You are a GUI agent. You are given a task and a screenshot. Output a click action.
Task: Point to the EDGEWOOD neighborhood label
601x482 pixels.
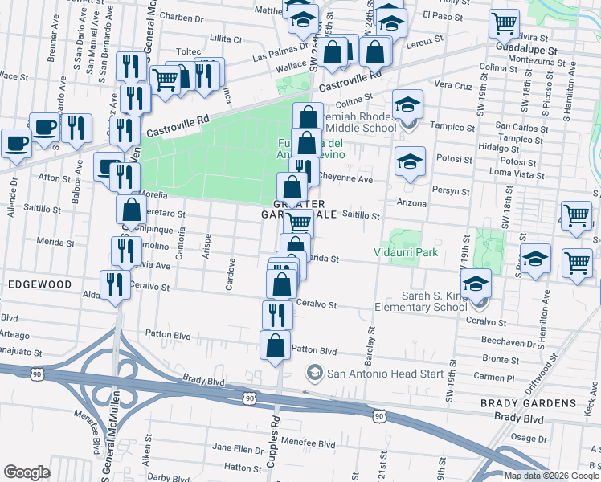pos(37,284)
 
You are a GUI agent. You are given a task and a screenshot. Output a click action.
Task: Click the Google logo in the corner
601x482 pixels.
pos(27,472)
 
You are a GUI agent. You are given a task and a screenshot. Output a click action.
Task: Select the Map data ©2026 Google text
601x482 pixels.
pos(550,476)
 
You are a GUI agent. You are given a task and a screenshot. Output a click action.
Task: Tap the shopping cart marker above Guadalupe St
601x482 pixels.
pos(504,23)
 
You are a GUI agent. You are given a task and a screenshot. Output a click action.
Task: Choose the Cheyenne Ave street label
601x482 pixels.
pos(345,179)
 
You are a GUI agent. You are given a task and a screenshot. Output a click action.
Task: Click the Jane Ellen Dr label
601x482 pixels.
pos(233,447)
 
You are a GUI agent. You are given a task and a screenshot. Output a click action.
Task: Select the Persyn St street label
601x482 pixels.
pos(452,191)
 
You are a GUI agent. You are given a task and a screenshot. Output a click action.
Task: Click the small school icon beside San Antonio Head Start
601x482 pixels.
pos(314,373)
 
